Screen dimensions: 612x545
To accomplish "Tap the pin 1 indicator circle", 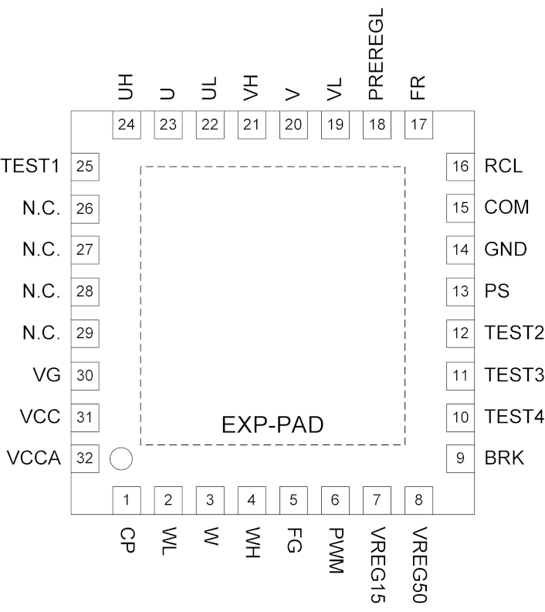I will point(121,458).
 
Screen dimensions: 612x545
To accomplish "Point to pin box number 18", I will point(376,124).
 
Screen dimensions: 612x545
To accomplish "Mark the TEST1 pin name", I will point(32,166).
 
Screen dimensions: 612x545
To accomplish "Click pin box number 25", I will point(84,166).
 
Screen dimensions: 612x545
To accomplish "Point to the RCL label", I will point(504,166).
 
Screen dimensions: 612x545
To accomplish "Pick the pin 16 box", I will point(461,166).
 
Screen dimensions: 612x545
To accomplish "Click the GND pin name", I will point(506,249).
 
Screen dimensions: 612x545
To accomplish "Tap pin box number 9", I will point(461,458).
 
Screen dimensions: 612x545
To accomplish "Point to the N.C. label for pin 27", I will point(41,249).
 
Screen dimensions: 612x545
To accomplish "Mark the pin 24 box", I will point(127,124).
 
